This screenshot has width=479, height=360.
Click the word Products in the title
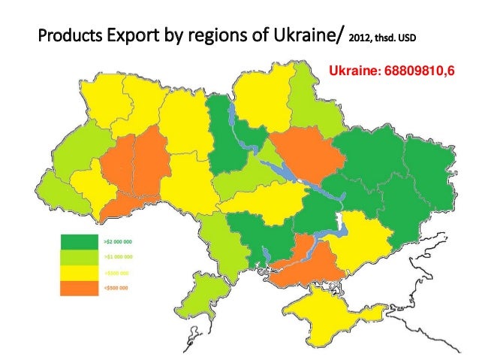(x=67, y=35)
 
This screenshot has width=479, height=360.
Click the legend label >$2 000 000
(x=118, y=242)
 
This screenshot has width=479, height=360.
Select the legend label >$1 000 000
(x=118, y=257)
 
